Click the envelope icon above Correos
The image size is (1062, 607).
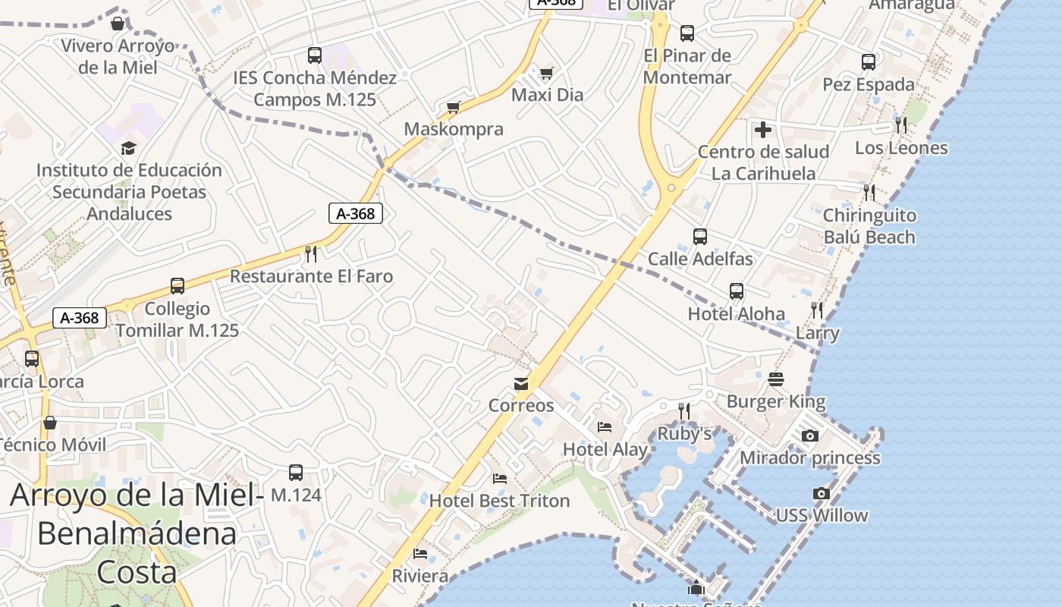[521, 384]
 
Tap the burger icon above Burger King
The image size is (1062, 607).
[775, 379]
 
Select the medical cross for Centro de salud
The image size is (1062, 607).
[763, 130]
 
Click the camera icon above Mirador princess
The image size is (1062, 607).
[810, 436]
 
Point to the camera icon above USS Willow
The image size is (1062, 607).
[821, 493]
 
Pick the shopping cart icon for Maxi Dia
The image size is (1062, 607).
[546, 73]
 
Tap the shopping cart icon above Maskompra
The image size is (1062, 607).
[454, 107]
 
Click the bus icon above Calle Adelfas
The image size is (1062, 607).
[699, 237]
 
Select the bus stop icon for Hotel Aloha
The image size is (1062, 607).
[736, 291]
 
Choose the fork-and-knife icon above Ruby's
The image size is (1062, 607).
[684, 411]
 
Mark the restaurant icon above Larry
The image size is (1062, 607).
[817, 310]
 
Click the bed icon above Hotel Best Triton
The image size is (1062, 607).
[499, 479]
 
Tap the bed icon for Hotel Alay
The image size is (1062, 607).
[605, 426]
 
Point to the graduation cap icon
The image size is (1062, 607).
[129, 148]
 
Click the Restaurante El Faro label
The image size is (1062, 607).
[312, 276]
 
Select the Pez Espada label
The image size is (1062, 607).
[869, 84]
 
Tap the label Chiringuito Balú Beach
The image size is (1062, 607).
[869, 226]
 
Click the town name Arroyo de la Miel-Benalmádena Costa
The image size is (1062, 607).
[137, 533]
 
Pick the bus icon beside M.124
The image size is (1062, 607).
[296, 473]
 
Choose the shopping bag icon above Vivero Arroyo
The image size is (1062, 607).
[118, 24]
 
